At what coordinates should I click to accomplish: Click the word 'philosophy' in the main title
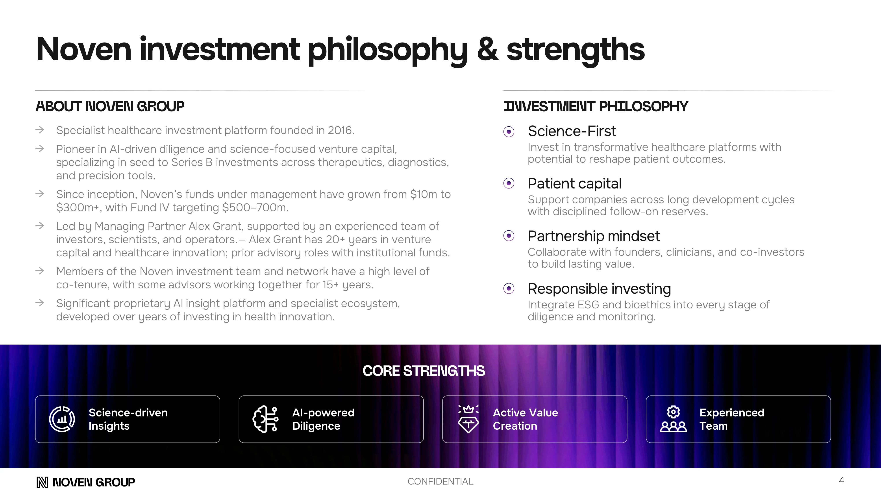(387, 50)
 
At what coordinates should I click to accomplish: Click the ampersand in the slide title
(487, 50)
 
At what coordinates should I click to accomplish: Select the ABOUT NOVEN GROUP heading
(110, 106)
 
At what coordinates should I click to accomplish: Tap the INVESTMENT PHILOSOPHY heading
(595, 106)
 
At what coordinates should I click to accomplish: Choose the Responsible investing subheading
(599, 289)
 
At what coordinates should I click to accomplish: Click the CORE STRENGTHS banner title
(423, 371)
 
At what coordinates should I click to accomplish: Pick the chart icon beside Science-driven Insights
(62, 419)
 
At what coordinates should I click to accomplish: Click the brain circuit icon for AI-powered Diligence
(265, 419)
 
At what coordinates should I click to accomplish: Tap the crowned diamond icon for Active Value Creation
(468, 419)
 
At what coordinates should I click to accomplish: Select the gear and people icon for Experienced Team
(673, 419)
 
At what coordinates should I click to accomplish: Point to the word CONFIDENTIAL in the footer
(440, 482)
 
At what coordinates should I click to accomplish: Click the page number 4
(841, 481)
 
